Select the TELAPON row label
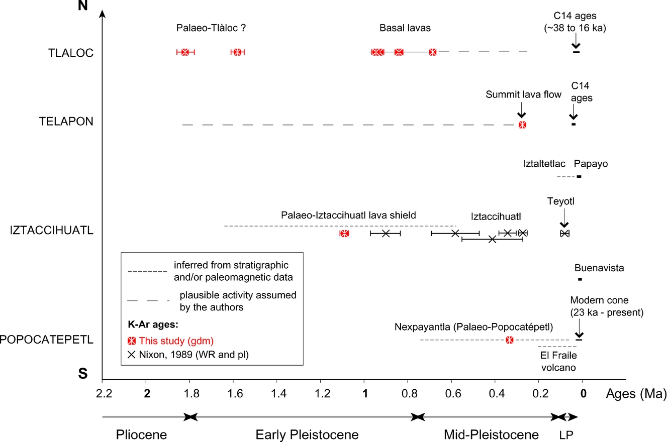click(x=67, y=122)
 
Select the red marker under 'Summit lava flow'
click(x=522, y=125)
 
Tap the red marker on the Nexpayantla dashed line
click(x=510, y=340)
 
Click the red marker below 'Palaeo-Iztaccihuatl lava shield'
click(x=344, y=234)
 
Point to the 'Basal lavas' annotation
click(x=405, y=28)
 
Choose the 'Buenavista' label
click(x=599, y=268)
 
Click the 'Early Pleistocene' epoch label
click(x=307, y=434)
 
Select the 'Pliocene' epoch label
click(x=141, y=434)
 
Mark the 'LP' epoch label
click(x=565, y=434)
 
